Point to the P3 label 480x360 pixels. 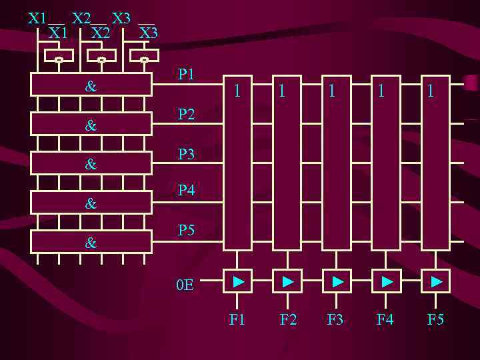(186, 155)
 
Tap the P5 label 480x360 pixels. (186, 231)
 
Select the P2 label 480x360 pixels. (186, 115)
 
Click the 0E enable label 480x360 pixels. (185, 285)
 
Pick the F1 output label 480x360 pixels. (237, 320)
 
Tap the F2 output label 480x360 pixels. (288, 320)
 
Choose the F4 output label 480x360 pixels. (385, 320)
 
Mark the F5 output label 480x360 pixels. (435, 320)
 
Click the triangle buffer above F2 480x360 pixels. (287, 282)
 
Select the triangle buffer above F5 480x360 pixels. (436, 282)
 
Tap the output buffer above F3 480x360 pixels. (337, 282)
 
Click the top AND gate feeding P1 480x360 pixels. (91, 85)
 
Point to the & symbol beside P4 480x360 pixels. (91, 204)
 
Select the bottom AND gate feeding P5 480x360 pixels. (91, 243)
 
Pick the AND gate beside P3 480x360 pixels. (91, 163)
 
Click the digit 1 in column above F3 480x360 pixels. (331, 91)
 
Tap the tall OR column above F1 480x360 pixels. (237, 163)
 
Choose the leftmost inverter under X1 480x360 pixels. (59, 57)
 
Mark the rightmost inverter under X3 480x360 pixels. (144, 57)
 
